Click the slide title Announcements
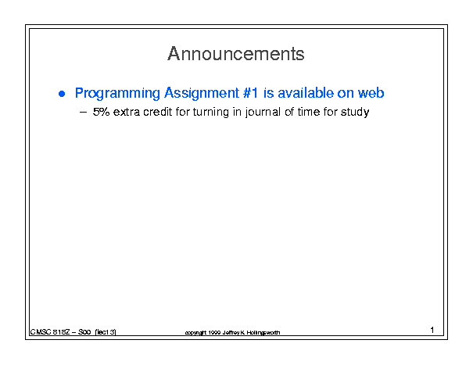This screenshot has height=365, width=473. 236,54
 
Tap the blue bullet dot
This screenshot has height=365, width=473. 62,94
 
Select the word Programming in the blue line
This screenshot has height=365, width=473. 117,93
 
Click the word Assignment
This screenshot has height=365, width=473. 202,93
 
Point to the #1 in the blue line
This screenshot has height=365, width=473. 250,92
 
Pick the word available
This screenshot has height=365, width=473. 306,92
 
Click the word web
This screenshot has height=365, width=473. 371,92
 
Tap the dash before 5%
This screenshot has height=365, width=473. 83,113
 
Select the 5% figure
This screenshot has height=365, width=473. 101,112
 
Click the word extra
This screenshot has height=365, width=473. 127,113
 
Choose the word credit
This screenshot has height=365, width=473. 157,112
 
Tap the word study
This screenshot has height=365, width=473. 355,113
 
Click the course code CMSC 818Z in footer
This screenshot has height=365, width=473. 50,332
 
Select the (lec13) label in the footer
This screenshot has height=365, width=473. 106,332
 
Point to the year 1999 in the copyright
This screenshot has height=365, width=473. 214,333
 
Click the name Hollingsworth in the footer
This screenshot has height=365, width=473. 263,333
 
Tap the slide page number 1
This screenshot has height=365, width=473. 432,330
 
